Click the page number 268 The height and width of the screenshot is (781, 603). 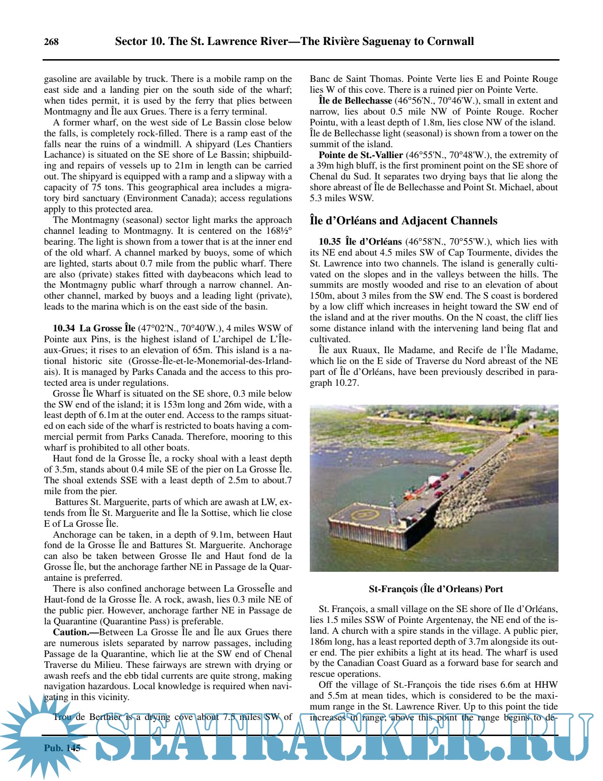(x=51, y=42)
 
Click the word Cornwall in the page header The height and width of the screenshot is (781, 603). (x=450, y=41)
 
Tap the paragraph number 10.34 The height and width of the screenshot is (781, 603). (x=64, y=328)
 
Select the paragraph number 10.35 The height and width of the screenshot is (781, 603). (x=330, y=241)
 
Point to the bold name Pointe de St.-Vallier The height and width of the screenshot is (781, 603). (x=360, y=155)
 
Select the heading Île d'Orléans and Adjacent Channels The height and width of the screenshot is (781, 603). (x=403, y=221)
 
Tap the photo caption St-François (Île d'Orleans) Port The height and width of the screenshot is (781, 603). (x=436, y=589)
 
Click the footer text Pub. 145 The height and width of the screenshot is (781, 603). (x=62, y=748)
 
